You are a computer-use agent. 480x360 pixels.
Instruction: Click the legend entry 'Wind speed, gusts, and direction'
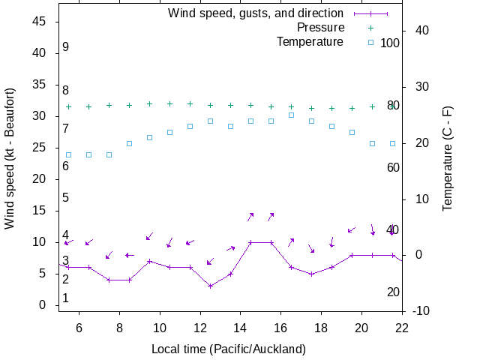tap(255, 13)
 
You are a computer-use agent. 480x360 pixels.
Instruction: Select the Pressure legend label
tap(320, 28)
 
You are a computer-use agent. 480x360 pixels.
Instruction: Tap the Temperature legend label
tap(310, 41)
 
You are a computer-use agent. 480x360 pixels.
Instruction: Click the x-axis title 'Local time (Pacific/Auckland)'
tap(229, 349)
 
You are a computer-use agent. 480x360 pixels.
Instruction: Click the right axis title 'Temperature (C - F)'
tap(448, 158)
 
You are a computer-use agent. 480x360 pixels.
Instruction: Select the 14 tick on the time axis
tap(241, 327)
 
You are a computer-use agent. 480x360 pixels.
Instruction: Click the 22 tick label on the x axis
tap(402, 327)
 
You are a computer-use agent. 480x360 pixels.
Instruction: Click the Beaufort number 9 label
tap(66, 47)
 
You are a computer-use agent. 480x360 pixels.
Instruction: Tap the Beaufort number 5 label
tap(66, 198)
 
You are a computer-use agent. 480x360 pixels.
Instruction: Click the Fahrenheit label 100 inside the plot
tap(390, 43)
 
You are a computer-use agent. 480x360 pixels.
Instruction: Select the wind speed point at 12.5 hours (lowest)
tap(211, 286)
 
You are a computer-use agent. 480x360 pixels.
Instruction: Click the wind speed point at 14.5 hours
tap(251, 242)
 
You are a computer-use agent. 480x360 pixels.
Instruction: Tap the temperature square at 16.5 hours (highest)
tap(292, 115)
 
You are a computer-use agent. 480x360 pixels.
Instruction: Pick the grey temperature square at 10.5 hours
tap(170, 132)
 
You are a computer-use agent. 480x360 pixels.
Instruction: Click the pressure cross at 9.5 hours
tap(150, 104)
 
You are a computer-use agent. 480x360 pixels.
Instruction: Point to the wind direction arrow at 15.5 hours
tap(271, 216)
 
